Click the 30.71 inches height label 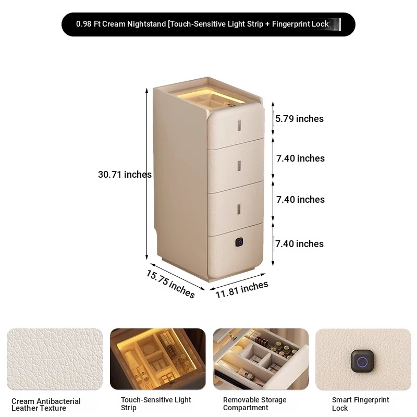[x=125, y=175]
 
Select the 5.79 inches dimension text [x=299, y=119]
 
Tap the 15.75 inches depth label [x=170, y=284]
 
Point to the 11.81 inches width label [x=241, y=290]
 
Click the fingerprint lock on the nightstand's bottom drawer [x=240, y=242]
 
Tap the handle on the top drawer [x=239, y=125]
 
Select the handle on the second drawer [x=239, y=166]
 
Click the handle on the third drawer [x=239, y=210]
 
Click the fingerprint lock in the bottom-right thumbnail [x=362, y=361]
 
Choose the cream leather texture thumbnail [x=55, y=360]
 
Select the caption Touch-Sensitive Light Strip [x=156, y=403]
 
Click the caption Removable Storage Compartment [x=254, y=403]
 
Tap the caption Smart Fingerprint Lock [x=360, y=403]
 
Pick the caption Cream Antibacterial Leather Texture [x=46, y=404]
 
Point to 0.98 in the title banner [x=84, y=24]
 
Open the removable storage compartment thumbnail [x=261, y=359]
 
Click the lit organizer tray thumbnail [x=158, y=359]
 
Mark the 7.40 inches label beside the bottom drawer [x=299, y=244]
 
